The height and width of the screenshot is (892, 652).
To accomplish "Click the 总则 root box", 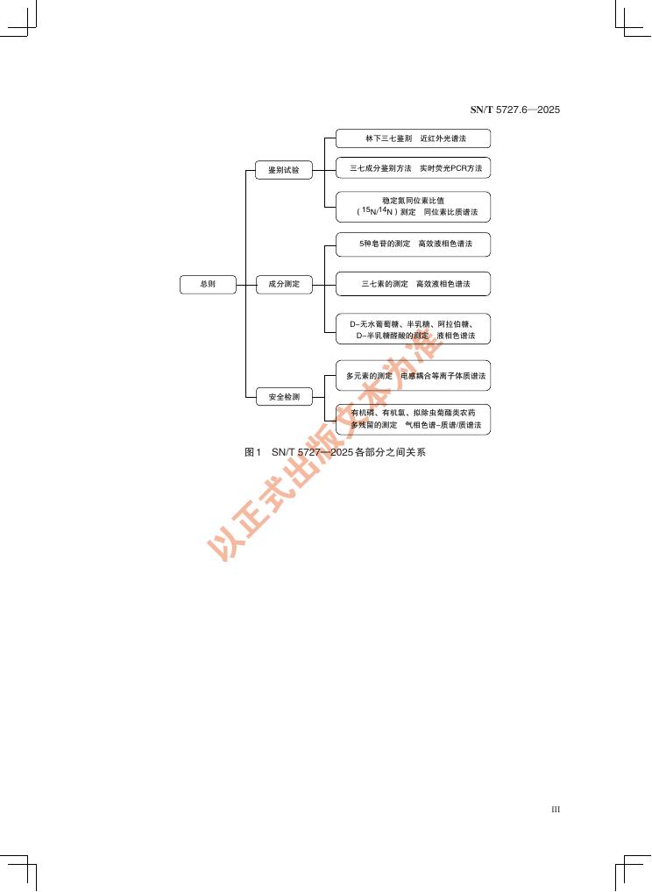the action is tap(208, 285).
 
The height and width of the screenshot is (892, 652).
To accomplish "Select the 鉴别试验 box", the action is tap(284, 171).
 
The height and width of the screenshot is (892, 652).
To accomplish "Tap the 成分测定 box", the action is tap(284, 285).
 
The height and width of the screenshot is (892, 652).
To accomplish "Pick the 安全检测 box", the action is tap(284, 397).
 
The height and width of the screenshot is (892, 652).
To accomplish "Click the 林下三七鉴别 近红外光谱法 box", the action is tap(414, 138).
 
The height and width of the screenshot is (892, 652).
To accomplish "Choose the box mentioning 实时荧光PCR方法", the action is tap(414, 167).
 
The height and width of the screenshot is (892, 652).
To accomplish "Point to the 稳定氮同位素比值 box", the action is tap(414, 207).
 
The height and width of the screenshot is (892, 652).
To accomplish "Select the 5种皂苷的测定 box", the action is tap(414, 244).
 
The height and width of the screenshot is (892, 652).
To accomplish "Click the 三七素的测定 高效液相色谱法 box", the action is tap(414, 284).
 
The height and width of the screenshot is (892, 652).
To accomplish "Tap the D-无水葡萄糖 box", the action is tap(414, 329).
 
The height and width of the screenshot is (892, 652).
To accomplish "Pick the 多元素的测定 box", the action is tap(414, 376).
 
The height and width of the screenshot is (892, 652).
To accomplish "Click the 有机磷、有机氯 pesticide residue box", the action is tap(414, 419).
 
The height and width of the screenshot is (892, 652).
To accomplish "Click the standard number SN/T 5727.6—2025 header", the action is tap(515, 110).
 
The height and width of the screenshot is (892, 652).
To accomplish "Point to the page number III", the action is tap(555, 810).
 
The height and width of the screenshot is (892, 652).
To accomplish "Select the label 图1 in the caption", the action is tap(253, 453).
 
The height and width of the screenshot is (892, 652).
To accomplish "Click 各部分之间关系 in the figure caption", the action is tap(390, 453).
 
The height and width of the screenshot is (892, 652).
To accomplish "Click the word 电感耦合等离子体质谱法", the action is tap(443, 376).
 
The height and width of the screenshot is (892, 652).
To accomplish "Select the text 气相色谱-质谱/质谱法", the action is tap(443, 425).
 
